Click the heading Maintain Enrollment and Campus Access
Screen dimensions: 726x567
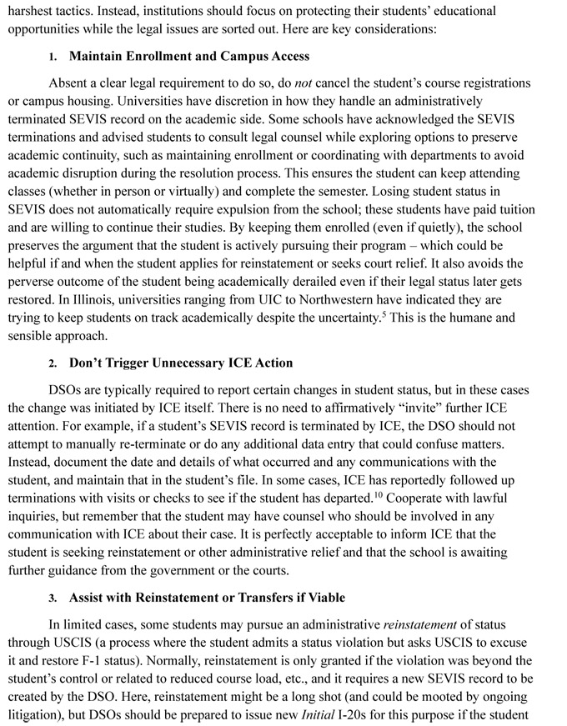(188, 57)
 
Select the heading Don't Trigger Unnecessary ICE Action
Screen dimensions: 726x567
(181, 363)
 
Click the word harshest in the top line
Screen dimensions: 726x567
(33, 11)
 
